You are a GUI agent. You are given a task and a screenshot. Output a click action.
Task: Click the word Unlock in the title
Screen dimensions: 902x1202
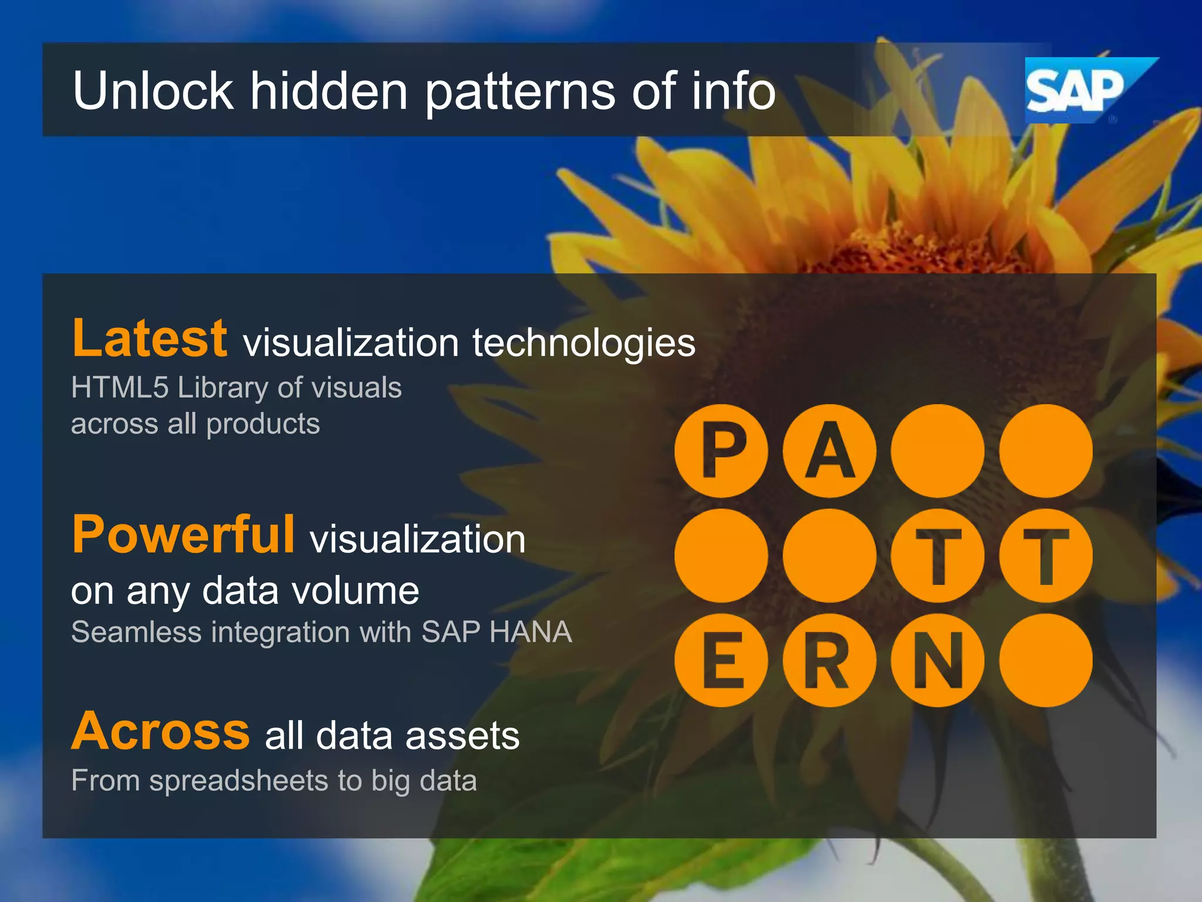[x=153, y=91]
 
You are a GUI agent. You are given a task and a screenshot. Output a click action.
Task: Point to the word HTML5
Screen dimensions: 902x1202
[x=120, y=388]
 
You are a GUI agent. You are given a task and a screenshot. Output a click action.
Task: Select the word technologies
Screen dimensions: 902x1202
[x=584, y=343]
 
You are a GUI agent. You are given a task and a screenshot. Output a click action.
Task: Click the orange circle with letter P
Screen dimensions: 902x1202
[x=721, y=451]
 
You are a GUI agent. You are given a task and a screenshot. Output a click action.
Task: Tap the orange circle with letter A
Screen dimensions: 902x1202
[x=829, y=451]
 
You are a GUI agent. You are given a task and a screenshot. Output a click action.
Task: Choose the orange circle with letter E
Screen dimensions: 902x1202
[x=721, y=660]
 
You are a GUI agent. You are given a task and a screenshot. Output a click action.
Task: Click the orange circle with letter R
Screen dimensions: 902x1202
[x=829, y=660]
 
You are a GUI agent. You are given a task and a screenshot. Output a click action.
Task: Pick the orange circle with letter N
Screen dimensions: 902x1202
[x=937, y=660]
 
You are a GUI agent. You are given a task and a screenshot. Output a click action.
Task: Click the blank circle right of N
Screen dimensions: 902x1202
[x=1045, y=660]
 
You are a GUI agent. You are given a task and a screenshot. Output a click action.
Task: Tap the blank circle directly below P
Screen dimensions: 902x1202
[x=721, y=556]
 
